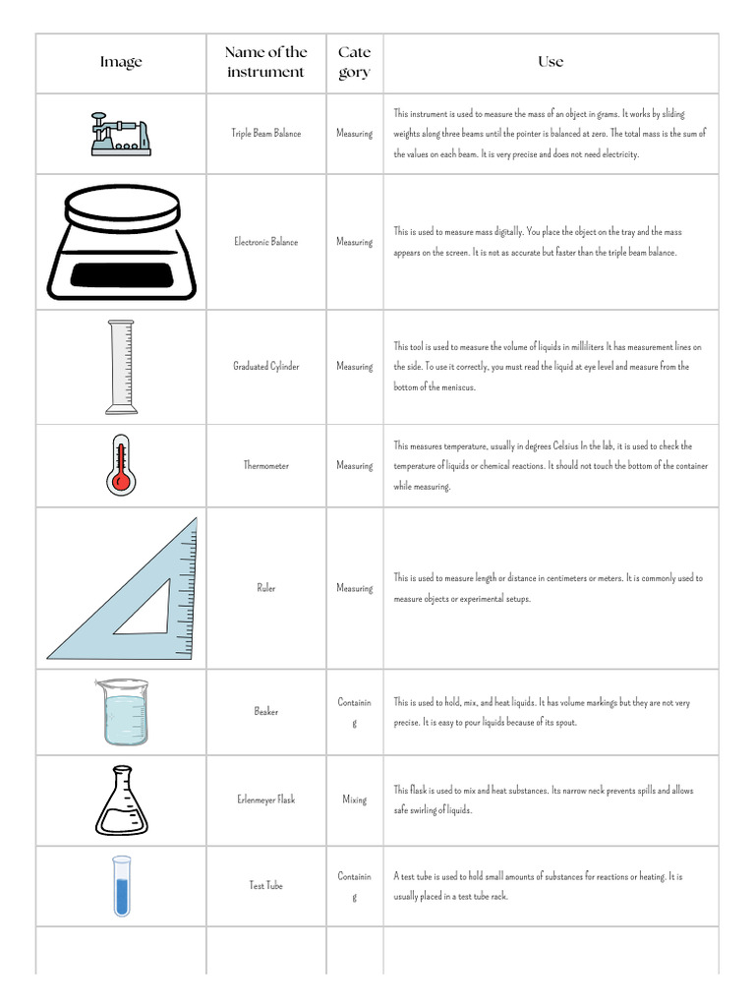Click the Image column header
(121, 62)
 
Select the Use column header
(551, 62)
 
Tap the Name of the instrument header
(265, 62)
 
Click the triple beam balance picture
(121, 134)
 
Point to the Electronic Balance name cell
(265, 242)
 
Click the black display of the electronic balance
(121, 275)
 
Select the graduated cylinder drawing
(121, 367)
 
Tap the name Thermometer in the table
(265, 465)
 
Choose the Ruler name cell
(265, 587)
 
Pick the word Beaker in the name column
(265, 711)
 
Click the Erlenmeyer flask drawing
(121, 800)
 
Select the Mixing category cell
(354, 800)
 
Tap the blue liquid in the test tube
(121, 897)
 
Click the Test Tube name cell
(265, 885)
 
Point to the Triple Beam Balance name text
(265, 133)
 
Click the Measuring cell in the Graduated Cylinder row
(354, 366)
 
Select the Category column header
(354, 62)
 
